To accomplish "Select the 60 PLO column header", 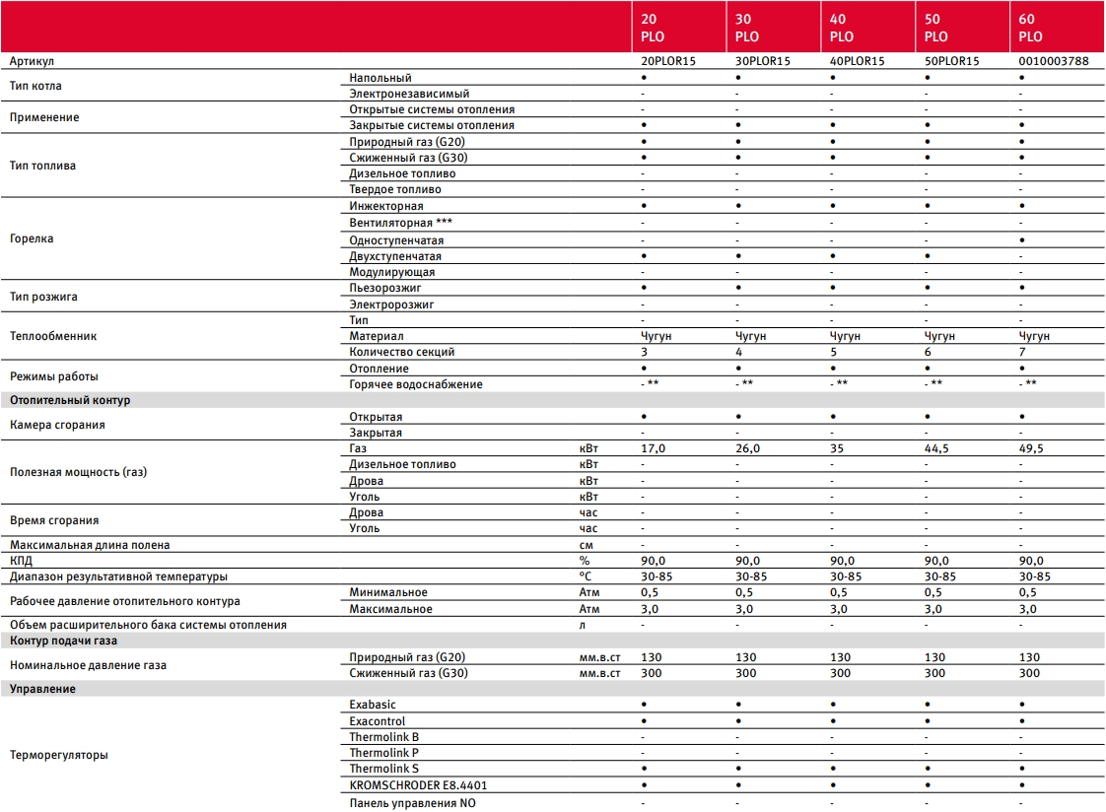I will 1030,28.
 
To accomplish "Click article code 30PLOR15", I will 763,61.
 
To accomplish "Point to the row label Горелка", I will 32,239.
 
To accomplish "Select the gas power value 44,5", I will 936,448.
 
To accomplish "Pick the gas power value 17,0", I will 654,448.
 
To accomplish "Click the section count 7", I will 1022,352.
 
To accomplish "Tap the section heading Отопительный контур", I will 69,400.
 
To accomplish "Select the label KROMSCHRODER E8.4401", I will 418,785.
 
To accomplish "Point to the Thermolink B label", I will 383,737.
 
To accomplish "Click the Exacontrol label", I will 378,721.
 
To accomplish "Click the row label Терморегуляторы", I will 58,756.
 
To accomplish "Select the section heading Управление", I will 42,689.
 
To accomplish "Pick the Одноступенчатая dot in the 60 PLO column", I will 1023,239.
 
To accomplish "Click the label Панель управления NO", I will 412,802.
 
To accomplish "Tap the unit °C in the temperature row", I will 585,576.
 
